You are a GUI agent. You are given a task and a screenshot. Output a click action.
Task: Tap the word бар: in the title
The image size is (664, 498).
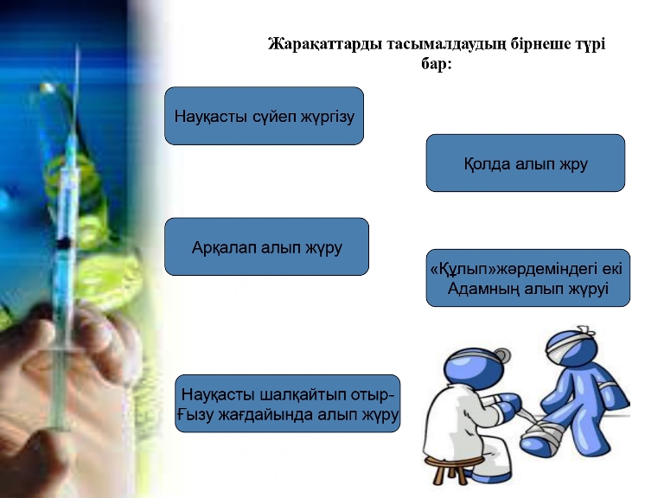click(437, 64)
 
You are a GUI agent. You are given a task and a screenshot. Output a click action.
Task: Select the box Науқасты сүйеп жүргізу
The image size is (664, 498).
click(265, 116)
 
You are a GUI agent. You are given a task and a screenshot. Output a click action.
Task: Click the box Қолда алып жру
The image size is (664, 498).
click(526, 163)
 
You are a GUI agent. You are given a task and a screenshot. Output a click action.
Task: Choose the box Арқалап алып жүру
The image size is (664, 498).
click(267, 247)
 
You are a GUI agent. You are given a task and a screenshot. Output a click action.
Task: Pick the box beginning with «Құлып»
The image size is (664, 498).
click(528, 278)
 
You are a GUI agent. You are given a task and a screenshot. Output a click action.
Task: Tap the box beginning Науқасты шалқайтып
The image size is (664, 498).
click(288, 404)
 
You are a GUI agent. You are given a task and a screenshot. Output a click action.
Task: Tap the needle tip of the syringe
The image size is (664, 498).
click(78, 48)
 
